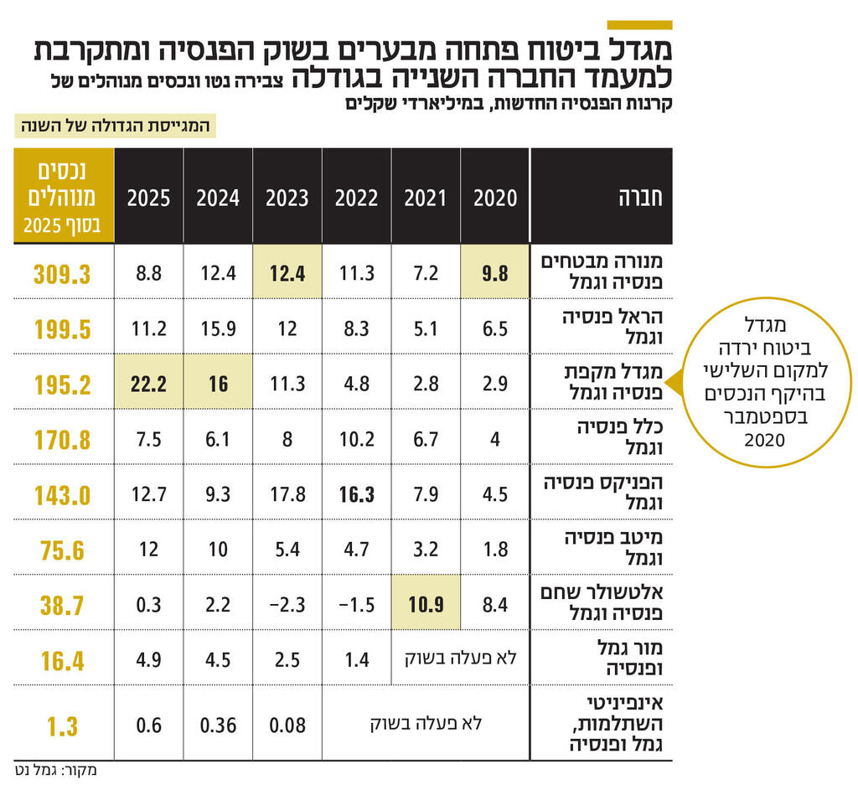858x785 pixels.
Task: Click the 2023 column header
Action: [x=287, y=198]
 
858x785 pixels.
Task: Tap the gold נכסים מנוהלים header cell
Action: [x=63, y=197]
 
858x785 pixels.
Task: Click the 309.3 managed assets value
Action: [x=63, y=273]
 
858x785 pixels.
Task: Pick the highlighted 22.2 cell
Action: [x=149, y=383]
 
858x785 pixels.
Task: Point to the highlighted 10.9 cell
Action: [x=426, y=604]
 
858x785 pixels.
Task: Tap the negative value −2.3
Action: [x=287, y=604]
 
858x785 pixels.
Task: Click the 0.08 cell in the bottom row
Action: [x=287, y=725]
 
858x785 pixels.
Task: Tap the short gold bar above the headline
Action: [x=638, y=25]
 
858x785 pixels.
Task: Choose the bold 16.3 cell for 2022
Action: [x=357, y=493]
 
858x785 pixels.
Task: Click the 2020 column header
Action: [x=495, y=198]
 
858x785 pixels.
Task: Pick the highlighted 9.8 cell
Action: [x=495, y=273]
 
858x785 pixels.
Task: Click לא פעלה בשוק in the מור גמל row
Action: [x=461, y=659]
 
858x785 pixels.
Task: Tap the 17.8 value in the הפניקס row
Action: [x=287, y=493]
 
